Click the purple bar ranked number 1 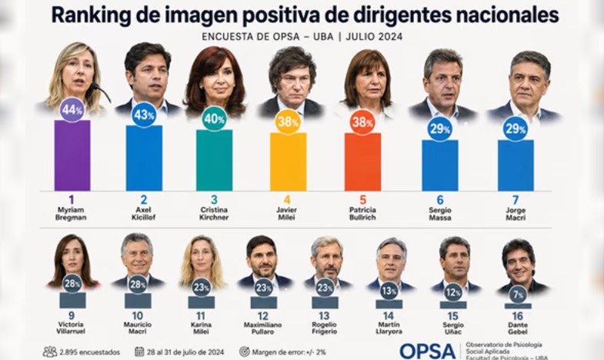pyautogui.click(x=72, y=155)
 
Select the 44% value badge pyautogui.click(x=72, y=110)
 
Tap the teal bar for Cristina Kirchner pyautogui.click(x=214, y=160)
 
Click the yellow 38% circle pyautogui.click(x=288, y=122)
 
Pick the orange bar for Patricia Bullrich pyautogui.click(x=362, y=162)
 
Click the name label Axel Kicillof pyautogui.click(x=143, y=214)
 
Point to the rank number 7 pyautogui.click(x=516, y=200)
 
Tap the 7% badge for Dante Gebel pyautogui.click(x=518, y=295)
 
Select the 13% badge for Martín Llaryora pyautogui.click(x=389, y=292)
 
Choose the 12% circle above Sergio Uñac pyautogui.click(x=453, y=293)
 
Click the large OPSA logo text pyautogui.click(x=428, y=351)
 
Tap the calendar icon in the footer pyautogui.click(x=139, y=352)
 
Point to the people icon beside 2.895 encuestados pyautogui.click(x=50, y=352)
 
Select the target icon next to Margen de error pyautogui.click(x=244, y=352)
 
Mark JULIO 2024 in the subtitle pyautogui.click(x=374, y=37)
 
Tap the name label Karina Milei pyautogui.click(x=201, y=328)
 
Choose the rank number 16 pyautogui.click(x=517, y=316)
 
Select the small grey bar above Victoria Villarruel pyautogui.click(x=72, y=300)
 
